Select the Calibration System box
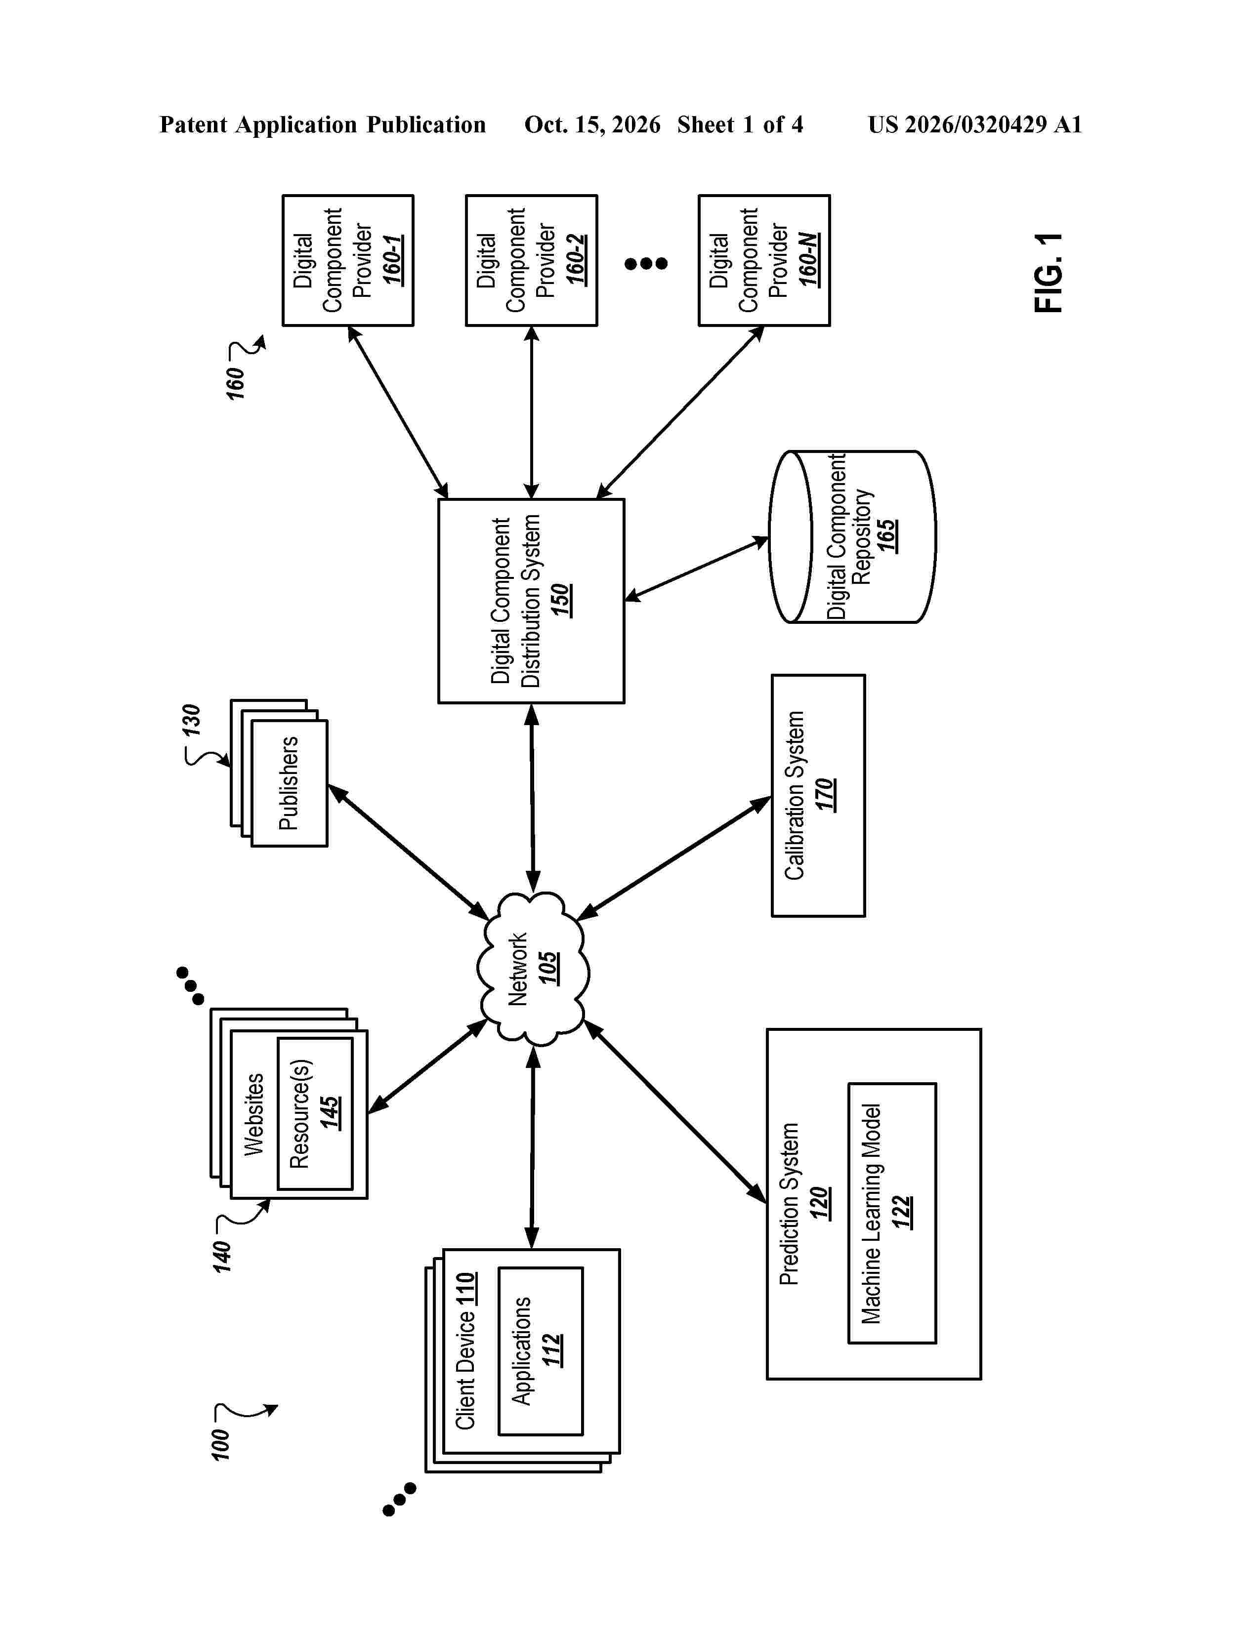(x=818, y=796)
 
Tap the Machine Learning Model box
(x=892, y=1213)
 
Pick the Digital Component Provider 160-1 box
(x=348, y=260)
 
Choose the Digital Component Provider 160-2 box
(x=532, y=260)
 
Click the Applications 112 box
(x=541, y=1351)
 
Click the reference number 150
(x=561, y=600)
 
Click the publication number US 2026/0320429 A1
(x=975, y=124)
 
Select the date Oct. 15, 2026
(x=592, y=124)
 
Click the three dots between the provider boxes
(x=646, y=263)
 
